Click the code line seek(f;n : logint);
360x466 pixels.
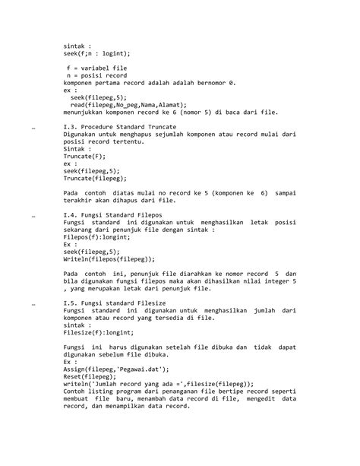click(x=96, y=53)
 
